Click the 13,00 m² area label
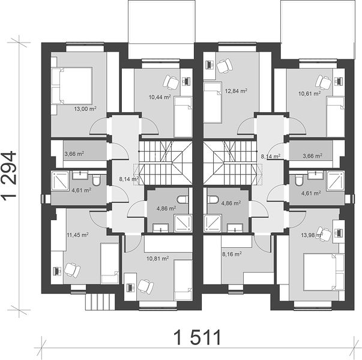(x=85, y=109)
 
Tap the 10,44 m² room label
(x=160, y=97)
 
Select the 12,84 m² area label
(x=236, y=91)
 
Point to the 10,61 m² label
(x=310, y=94)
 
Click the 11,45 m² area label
(x=78, y=235)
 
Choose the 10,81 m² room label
(x=158, y=258)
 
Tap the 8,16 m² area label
(x=232, y=254)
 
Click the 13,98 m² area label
(x=312, y=235)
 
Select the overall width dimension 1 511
(x=198, y=337)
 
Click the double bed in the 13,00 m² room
(x=72, y=86)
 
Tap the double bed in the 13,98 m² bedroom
(x=324, y=272)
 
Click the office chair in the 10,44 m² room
(x=171, y=82)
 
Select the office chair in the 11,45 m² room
(x=72, y=270)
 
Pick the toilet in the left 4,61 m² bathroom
(x=96, y=180)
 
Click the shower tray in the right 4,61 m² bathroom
(x=336, y=181)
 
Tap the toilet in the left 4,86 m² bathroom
(x=183, y=199)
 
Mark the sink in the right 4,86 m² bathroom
(x=235, y=228)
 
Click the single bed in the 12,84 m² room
(x=213, y=103)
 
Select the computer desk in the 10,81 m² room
(x=130, y=287)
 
